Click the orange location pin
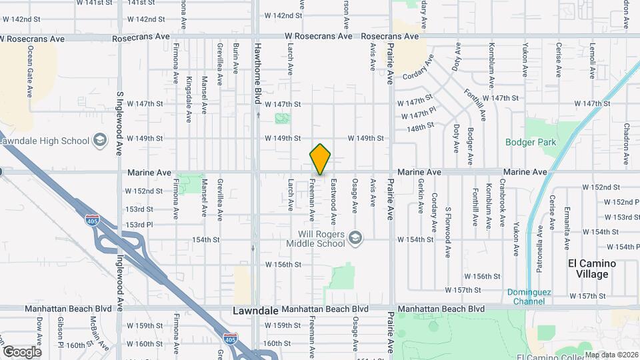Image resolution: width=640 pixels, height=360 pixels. [320, 159]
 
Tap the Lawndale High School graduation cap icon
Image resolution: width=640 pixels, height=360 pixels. [99, 140]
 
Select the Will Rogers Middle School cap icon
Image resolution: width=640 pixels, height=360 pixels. [356, 237]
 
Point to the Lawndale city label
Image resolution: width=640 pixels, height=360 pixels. [255, 311]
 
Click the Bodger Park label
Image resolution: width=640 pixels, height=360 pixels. [540, 142]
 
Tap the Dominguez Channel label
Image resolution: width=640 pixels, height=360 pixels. [535, 297]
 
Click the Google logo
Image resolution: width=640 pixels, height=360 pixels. [21, 351]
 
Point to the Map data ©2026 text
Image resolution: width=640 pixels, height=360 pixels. [612, 355]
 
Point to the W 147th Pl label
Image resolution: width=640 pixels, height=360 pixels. [419, 115]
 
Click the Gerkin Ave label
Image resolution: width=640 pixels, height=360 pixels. [420, 195]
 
